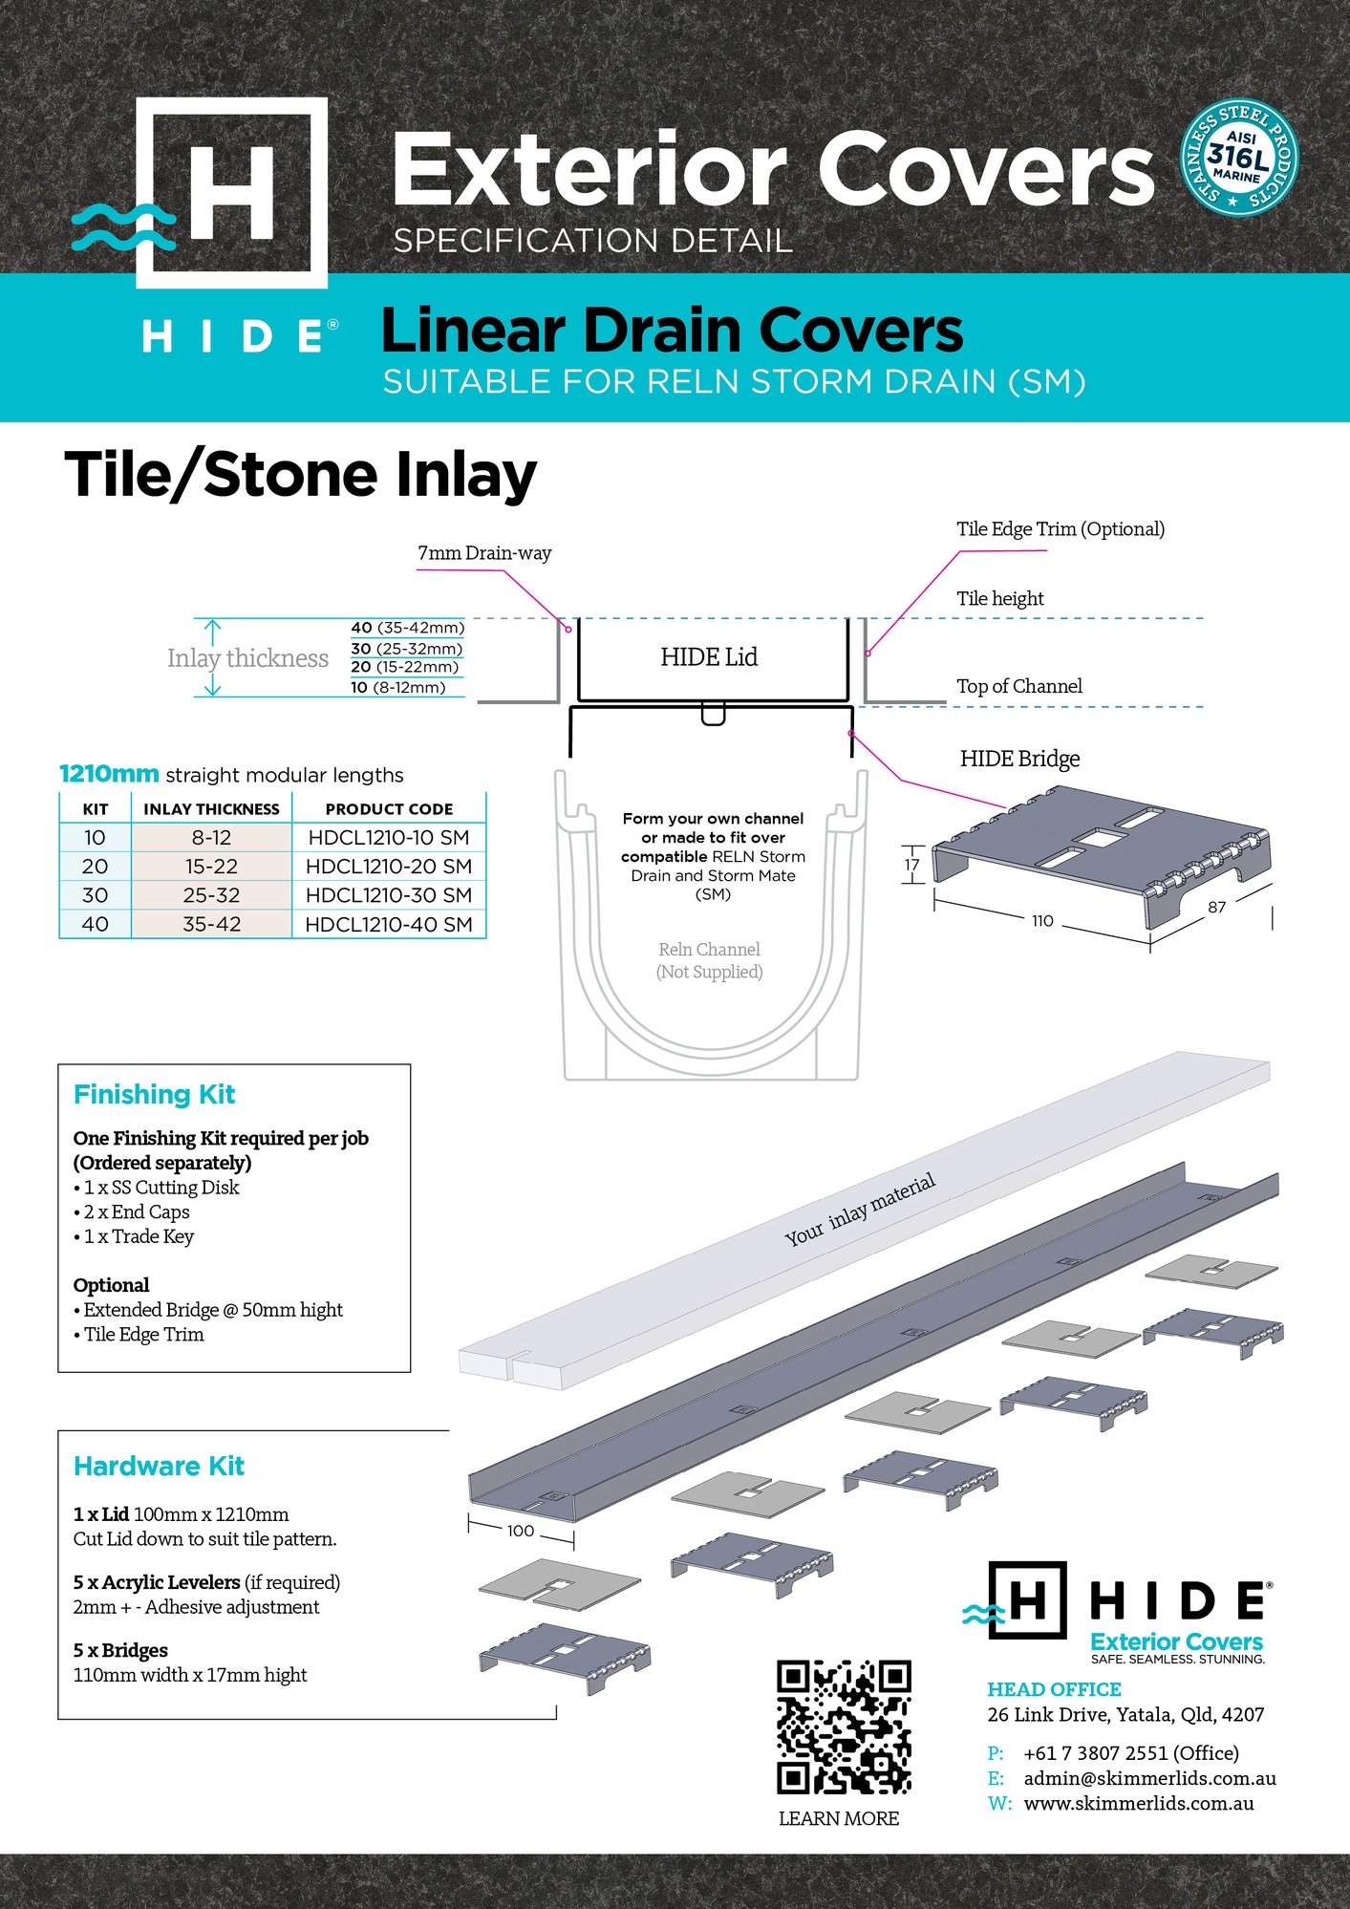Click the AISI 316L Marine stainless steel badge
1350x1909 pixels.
pyautogui.click(x=1239, y=158)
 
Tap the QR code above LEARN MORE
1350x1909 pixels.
pyautogui.click(x=844, y=1727)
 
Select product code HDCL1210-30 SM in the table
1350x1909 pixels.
pyautogui.click(x=389, y=895)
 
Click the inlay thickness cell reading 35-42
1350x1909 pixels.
pyautogui.click(x=211, y=924)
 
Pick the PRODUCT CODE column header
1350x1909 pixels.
pyautogui.click(x=389, y=809)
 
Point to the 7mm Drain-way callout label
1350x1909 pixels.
pyautogui.click(x=484, y=553)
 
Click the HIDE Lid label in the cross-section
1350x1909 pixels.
pyautogui.click(x=709, y=657)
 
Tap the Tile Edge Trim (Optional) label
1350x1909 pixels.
pyautogui.click(x=1061, y=529)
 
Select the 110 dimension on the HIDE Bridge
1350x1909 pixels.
pyautogui.click(x=1042, y=921)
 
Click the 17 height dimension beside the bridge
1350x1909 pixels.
pyautogui.click(x=911, y=865)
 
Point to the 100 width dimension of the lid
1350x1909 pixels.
pyautogui.click(x=520, y=1531)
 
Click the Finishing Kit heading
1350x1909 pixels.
pyautogui.click(x=154, y=1094)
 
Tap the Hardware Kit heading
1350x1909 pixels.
pyautogui.click(x=159, y=1466)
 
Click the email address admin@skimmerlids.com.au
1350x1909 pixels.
pyautogui.click(x=1149, y=1778)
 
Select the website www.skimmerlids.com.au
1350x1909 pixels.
pyautogui.click(x=1139, y=1803)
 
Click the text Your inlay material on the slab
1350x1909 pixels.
pyautogui.click(x=860, y=1211)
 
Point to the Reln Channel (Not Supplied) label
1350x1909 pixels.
pyautogui.click(x=709, y=960)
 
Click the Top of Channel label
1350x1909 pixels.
pyautogui.click(x=1019, y=686)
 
